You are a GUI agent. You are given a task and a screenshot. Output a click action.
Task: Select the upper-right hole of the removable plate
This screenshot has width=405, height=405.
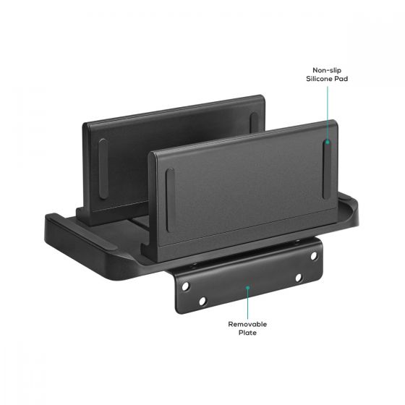pos(315,255)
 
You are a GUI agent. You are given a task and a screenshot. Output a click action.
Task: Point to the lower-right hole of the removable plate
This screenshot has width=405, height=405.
pos(297,276)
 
